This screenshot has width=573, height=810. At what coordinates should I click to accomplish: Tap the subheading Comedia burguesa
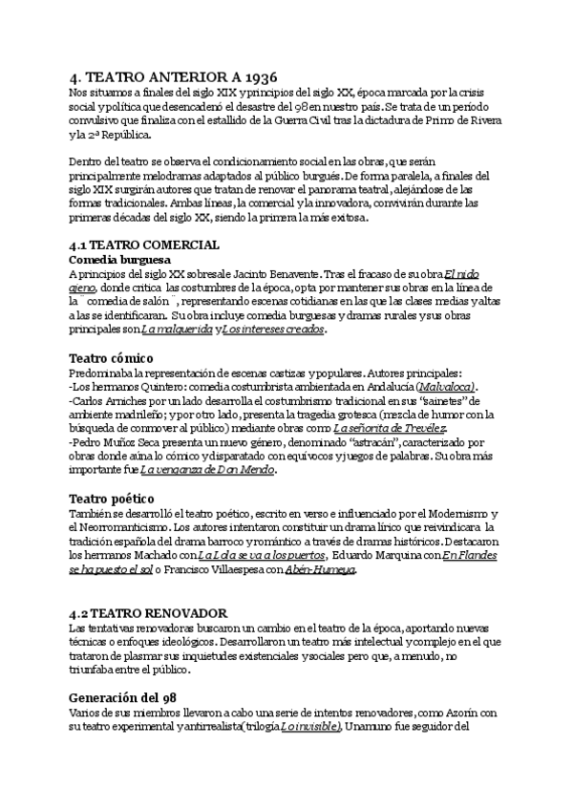[119, 259]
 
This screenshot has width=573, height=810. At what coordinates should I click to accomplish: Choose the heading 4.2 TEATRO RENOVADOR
[149, 611]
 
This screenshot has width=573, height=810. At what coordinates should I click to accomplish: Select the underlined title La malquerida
[176, 330]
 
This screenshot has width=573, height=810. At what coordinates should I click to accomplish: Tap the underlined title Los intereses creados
[273, 330]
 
